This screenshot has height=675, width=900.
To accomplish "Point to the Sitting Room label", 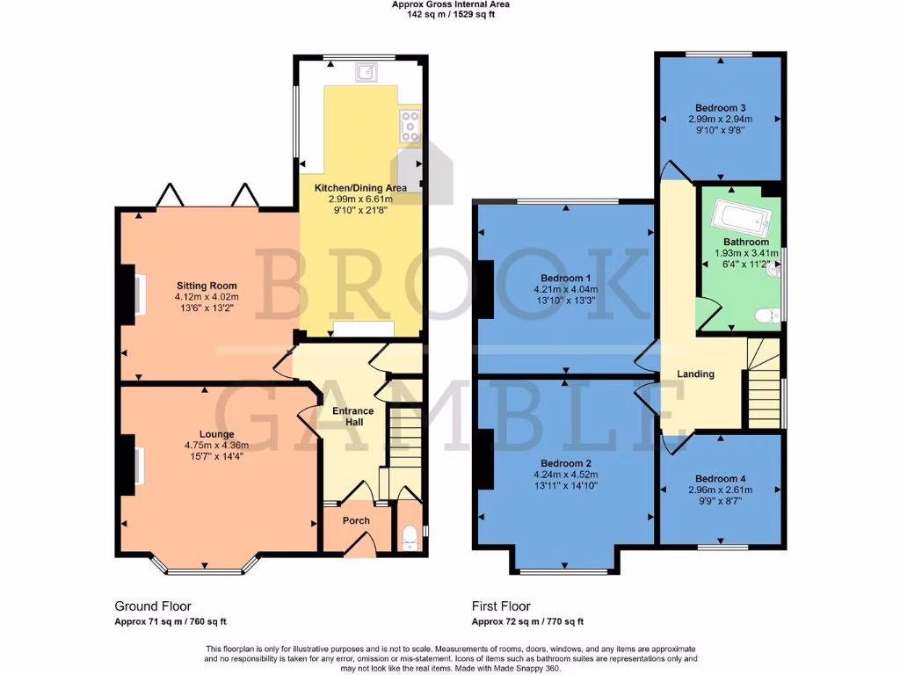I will [207, 286].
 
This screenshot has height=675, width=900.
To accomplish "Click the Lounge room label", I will [216, 434].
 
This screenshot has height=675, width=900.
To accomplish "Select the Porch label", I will [356, 520].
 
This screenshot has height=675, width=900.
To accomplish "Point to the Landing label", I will [695, 374].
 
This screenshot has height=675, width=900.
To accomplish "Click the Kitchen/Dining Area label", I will [360, 187].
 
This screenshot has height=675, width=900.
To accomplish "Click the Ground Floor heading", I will [153, 606].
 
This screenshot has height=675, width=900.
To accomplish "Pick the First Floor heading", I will [503, 606].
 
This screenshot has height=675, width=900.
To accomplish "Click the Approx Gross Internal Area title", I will [450, 4].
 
